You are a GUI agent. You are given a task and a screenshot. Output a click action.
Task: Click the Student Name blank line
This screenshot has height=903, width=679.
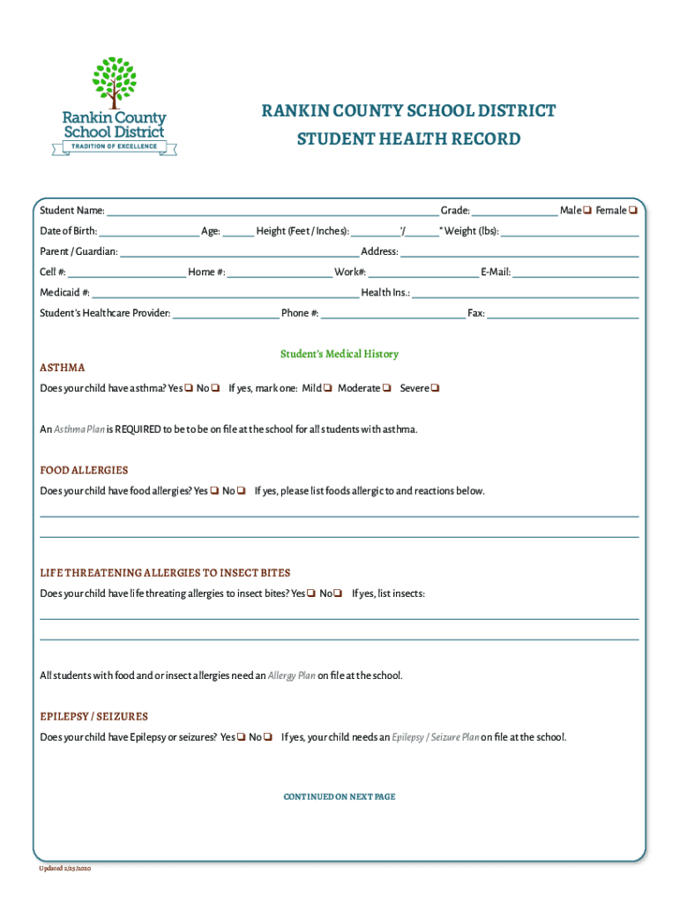click(272, 211)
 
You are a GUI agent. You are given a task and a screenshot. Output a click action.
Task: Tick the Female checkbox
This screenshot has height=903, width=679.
click(633, 211)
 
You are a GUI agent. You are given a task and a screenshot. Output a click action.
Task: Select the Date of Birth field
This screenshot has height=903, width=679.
click(149, 232)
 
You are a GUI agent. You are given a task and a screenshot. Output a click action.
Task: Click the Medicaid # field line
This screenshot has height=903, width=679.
click(225, 293)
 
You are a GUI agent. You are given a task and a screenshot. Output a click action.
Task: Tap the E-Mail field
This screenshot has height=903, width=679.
click(575, 272)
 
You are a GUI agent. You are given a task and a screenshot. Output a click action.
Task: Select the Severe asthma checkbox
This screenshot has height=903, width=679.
click(436, 389)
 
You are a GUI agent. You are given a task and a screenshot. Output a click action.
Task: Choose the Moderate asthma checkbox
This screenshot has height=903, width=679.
click(387, 389)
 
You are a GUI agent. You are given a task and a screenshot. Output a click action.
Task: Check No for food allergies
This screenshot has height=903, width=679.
click(241, 491)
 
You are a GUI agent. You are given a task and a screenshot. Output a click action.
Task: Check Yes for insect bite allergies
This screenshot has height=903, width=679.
click(311, 593)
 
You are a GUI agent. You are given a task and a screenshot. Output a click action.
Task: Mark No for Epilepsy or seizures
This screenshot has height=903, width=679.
click(267, 737)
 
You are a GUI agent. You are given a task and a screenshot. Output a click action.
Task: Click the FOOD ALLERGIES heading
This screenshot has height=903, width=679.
click(84, 470)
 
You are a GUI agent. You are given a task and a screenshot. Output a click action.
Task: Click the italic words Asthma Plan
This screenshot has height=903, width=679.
click(79, 429)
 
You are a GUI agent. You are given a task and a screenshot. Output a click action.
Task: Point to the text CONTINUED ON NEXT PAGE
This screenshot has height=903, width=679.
click(339, 796)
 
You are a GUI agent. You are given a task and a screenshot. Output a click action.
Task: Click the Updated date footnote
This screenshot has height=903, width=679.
click(64, 869)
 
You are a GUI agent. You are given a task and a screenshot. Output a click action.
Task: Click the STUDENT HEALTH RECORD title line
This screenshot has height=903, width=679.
click(408, 139)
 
